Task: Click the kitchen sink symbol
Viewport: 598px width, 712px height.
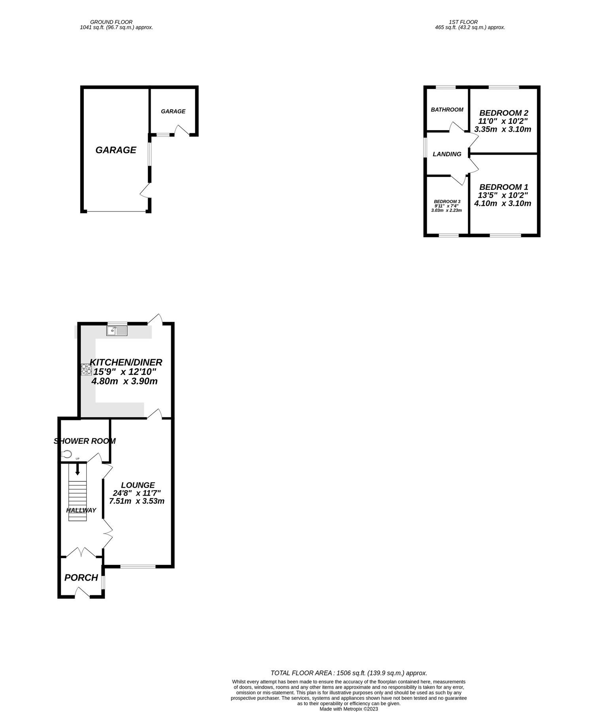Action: click(117, 330)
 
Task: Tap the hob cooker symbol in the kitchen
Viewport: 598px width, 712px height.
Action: click(87, 369)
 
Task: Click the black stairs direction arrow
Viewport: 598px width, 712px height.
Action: click(78, 469)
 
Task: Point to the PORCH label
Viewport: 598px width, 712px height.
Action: click(81, 578)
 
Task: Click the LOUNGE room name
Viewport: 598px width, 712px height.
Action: click(138, 485)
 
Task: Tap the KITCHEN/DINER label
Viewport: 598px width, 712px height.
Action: click(126, 362)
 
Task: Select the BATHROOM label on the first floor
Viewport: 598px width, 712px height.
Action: click(447, 110)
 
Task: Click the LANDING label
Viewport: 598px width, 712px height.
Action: click(447, 154)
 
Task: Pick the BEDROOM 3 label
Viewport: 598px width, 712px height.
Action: click(447, 201)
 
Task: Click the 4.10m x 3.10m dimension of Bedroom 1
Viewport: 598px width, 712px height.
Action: click(503, 204)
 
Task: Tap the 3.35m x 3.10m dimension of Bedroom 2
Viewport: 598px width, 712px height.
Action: click(503, 129)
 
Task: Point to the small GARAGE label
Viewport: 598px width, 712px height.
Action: click(173, 112)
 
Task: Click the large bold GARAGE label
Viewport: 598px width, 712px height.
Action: click(116, 150)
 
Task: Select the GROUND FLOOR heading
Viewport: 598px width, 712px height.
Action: click(111, 22)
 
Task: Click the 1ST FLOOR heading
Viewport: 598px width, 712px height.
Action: click(463, 22)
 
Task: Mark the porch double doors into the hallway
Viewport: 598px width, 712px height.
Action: click(81, 553)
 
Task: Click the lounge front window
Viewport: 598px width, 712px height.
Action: click(138, 567)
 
